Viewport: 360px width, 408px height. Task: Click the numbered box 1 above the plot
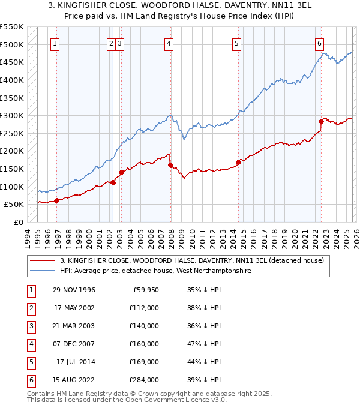point(55,43)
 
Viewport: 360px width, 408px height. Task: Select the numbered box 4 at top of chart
point(169,43)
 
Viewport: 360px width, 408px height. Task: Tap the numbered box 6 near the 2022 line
point(320,43)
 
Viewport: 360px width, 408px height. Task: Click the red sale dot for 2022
point(321,121)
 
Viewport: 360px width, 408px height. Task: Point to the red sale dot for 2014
point(238,161)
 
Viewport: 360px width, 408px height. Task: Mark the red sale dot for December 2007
point(170,165)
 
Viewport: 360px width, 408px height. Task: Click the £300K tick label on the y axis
point(12,115)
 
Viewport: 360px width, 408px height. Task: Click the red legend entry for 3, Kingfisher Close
point(191,260)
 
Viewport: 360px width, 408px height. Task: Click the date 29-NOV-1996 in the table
point(74,290)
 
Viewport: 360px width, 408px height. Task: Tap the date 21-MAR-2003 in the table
point(74,326)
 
